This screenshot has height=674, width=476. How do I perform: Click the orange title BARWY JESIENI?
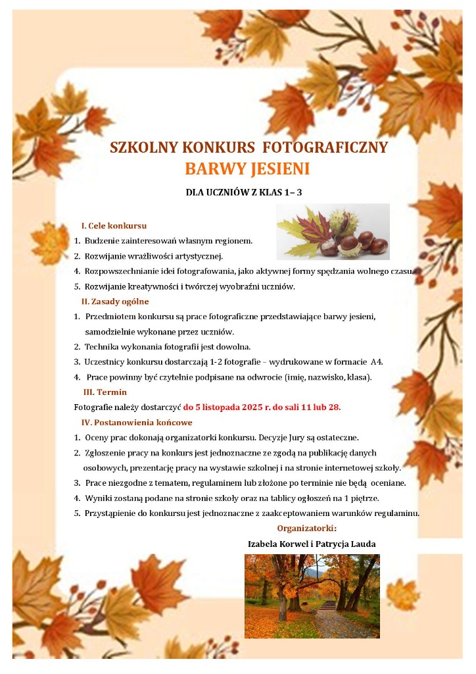(x=247, y=169)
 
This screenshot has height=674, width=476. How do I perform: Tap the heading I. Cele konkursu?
(x=114, y=226)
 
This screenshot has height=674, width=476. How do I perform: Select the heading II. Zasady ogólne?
(x=115, y=301)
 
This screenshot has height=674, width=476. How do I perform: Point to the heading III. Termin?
(x=105, y=392)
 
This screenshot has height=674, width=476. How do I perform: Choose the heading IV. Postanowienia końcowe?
(x=137, y=422)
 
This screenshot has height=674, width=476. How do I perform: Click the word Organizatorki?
(x=306, y=528)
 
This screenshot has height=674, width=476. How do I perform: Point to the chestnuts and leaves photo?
(x=333, y=231)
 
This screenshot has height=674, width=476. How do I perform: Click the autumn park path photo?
(x=312, y=596)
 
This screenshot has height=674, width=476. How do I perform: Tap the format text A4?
(x=377, y=362)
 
